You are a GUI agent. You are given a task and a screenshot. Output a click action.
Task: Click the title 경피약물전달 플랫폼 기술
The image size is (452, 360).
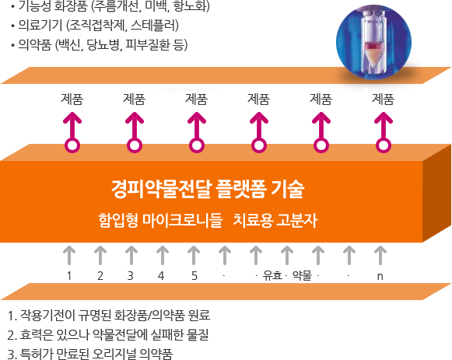[208, 189]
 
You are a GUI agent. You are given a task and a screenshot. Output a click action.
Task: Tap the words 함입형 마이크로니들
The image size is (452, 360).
[160, 220]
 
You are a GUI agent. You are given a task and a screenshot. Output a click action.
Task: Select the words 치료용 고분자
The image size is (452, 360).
[275, 220]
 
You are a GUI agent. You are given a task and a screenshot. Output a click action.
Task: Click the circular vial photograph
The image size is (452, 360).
[373, 42]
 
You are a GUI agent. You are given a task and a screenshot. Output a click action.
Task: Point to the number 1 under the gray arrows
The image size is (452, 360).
[69, 276]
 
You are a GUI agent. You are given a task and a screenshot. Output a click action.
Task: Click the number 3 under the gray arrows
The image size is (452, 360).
[131, 276]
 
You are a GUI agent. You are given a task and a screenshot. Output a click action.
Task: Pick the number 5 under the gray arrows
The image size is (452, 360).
[194, 276]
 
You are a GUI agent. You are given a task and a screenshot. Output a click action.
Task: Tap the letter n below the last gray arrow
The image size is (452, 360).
[380, 277]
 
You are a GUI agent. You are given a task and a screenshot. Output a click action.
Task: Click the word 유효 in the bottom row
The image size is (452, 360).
[272, 275]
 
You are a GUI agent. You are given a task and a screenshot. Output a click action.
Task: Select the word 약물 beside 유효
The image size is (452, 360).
[303, 275]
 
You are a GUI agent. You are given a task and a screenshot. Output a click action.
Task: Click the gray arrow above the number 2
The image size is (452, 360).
[100, 255]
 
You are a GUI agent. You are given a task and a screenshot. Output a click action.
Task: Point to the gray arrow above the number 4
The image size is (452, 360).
[163, 255]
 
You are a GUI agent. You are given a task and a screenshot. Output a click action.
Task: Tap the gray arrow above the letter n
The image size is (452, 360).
[380, 255]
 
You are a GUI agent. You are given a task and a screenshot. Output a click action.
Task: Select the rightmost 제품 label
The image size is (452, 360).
[383, 100]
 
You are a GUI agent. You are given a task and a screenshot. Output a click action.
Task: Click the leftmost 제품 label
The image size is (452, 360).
[72, 100]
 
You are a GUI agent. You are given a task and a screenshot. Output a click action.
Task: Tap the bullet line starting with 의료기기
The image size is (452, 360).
[95, 26]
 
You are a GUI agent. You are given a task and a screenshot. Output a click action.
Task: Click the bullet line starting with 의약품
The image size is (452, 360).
[100, 45]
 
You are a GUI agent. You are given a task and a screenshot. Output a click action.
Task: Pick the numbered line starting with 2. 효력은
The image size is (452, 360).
[108, 334]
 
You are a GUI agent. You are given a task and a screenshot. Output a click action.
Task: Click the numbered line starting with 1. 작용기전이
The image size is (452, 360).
[109, 316]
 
